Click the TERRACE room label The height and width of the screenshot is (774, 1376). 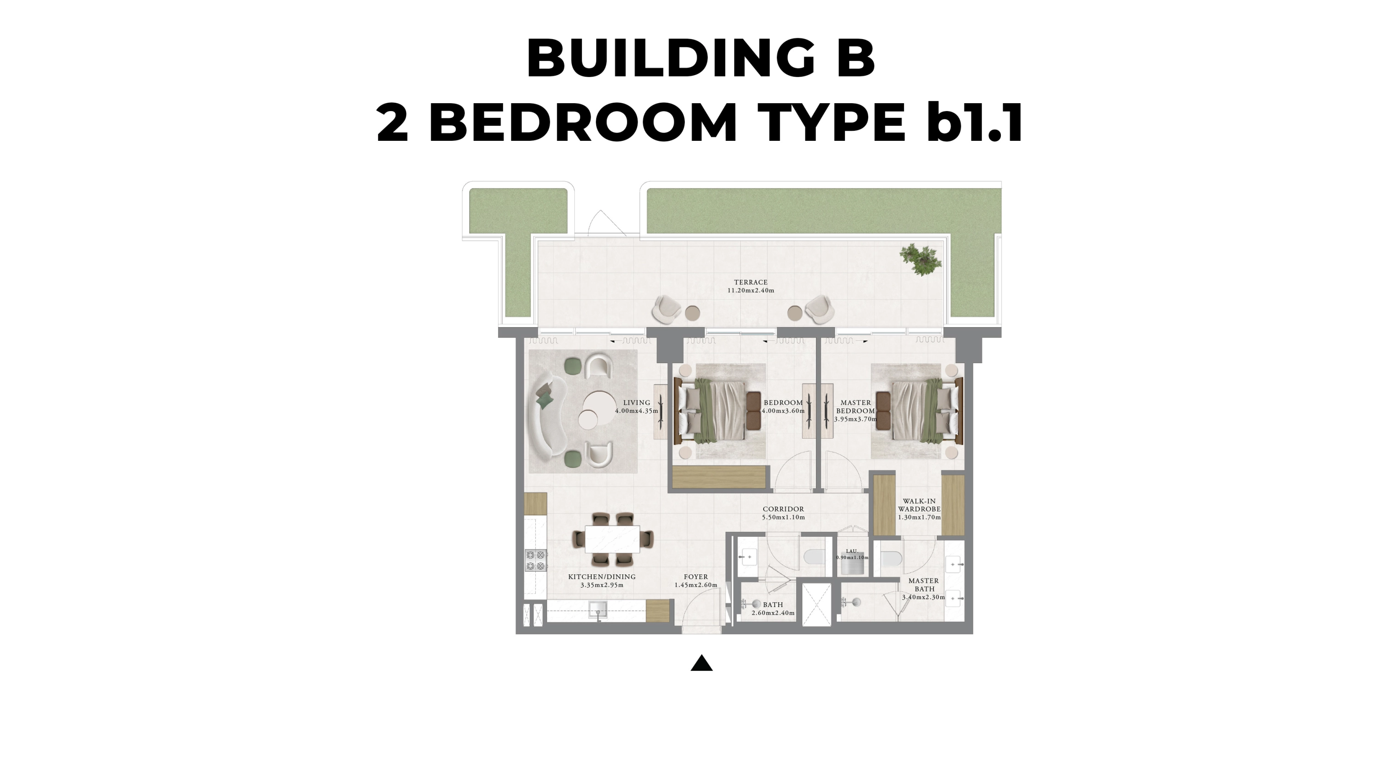750,286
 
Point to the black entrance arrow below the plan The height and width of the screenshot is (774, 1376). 701,663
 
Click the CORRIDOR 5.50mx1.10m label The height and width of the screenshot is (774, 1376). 783,513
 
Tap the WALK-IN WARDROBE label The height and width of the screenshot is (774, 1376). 919,509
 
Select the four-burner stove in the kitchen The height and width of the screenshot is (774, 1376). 536,560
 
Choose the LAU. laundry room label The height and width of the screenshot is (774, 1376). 851,554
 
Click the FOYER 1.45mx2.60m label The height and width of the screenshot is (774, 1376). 695,581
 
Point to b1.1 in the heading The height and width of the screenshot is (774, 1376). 974,123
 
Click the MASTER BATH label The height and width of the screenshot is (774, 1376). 924,585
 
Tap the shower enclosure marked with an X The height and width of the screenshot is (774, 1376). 817,604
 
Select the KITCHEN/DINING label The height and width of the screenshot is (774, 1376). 601,581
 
